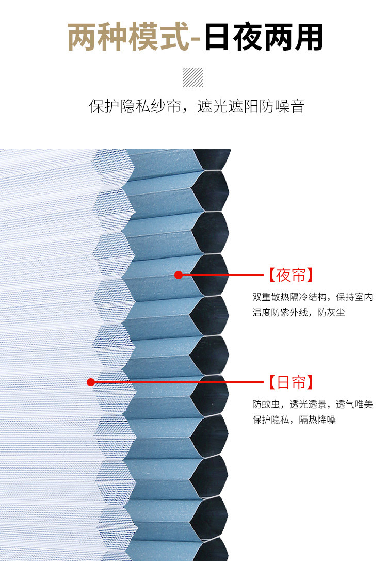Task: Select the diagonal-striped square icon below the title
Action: tap(193, 77)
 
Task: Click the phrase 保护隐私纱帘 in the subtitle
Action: tap(135, 107)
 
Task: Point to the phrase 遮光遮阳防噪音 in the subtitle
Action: tap(251, 107)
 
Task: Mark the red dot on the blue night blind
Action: tap(179, 275)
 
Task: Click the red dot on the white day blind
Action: tap(91, 382)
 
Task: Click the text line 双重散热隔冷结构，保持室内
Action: tap(313, 298)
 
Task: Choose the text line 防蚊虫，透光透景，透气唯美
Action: tap(313, 405)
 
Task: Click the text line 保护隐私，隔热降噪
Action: tap(294, 419)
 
